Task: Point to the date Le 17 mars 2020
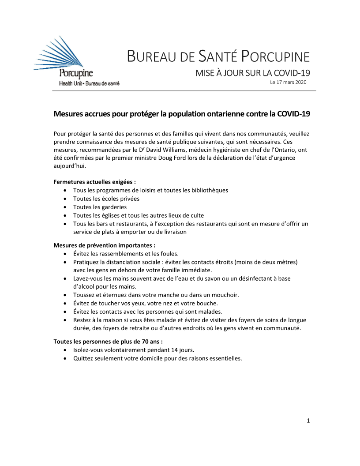click(x=288, y=82)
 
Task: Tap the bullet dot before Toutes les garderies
click(x=65, y=207)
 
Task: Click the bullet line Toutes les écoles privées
click(x=106, y=199)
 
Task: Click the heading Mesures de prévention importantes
click(x=104, y=245)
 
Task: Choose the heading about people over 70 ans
click(x=108, y=341)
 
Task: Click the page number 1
click(x=308, y=421)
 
